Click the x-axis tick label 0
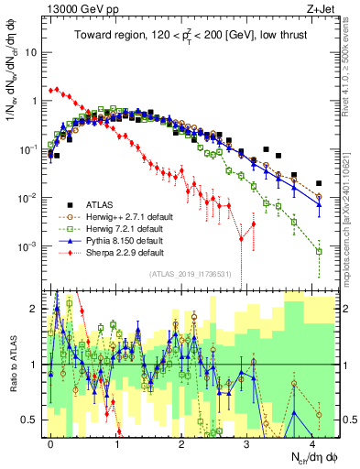[x=51, y=441]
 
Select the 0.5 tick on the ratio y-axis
[x=31, y=420]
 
